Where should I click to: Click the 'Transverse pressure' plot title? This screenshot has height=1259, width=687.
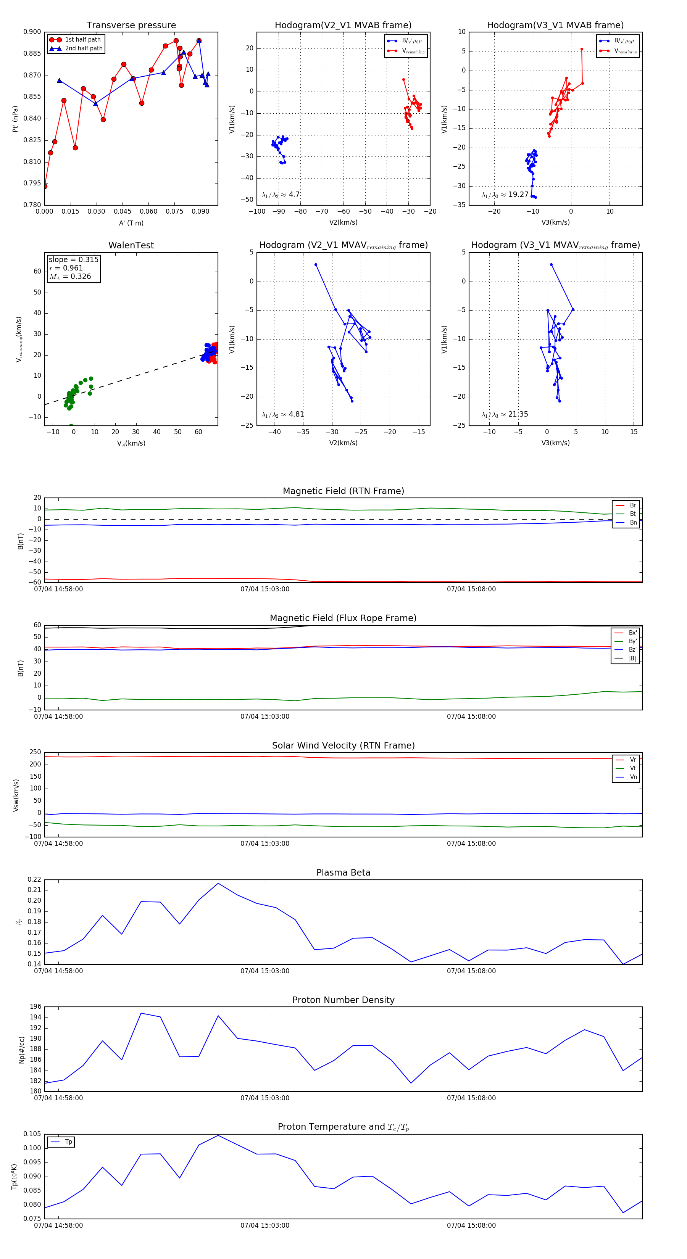[131, 26]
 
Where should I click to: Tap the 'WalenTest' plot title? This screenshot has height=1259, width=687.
[131, 245]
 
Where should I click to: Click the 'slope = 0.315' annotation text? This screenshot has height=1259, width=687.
[73, 259]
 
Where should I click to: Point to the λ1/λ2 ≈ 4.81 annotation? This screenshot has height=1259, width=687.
[282, 414]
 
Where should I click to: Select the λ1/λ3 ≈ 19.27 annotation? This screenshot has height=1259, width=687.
[505, 195]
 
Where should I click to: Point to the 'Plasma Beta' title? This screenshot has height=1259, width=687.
[343, 873]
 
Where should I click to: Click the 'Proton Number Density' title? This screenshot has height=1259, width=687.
[343, 1000]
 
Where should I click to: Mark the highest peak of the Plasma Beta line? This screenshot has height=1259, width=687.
[218, 883]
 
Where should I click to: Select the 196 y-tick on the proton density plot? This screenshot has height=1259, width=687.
[36, 1006]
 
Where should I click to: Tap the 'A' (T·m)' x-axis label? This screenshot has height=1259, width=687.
[131, 223]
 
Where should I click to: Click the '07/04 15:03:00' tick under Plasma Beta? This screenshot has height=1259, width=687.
[264, 971]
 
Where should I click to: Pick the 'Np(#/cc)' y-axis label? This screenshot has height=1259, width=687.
[21, 1049]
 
